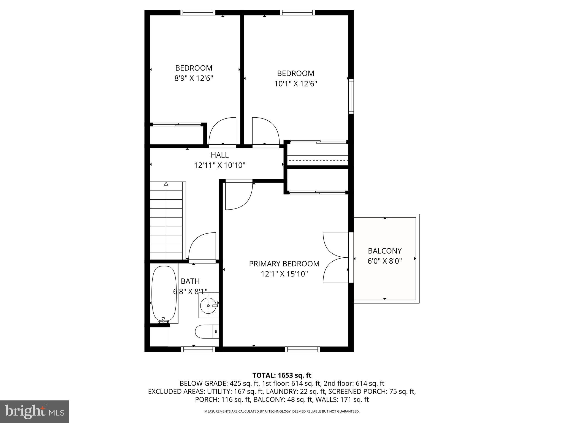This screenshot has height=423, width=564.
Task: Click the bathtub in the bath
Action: tap(164, 294)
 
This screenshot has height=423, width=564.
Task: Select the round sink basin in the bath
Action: tap(208, 306)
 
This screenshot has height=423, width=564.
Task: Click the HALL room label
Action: tap(219, 155)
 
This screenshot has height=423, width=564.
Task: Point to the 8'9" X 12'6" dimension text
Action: tap(194, 78)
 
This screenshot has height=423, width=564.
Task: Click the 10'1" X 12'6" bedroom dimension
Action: tap(295, 84)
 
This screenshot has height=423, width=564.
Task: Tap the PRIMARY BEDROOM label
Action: tap(284, 264)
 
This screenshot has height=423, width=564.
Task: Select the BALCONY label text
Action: tap(385, 251)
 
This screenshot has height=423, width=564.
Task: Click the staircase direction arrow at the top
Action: tap(166, 184)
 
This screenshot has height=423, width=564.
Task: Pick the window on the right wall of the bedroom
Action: tap(351, 96)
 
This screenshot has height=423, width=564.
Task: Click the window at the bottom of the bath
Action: tap(198, 349)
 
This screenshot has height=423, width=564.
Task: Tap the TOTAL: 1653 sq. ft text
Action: tap(282, 375)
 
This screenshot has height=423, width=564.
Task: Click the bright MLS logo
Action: tap(34, 412)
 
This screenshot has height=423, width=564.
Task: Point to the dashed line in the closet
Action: tap(318, 160)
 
